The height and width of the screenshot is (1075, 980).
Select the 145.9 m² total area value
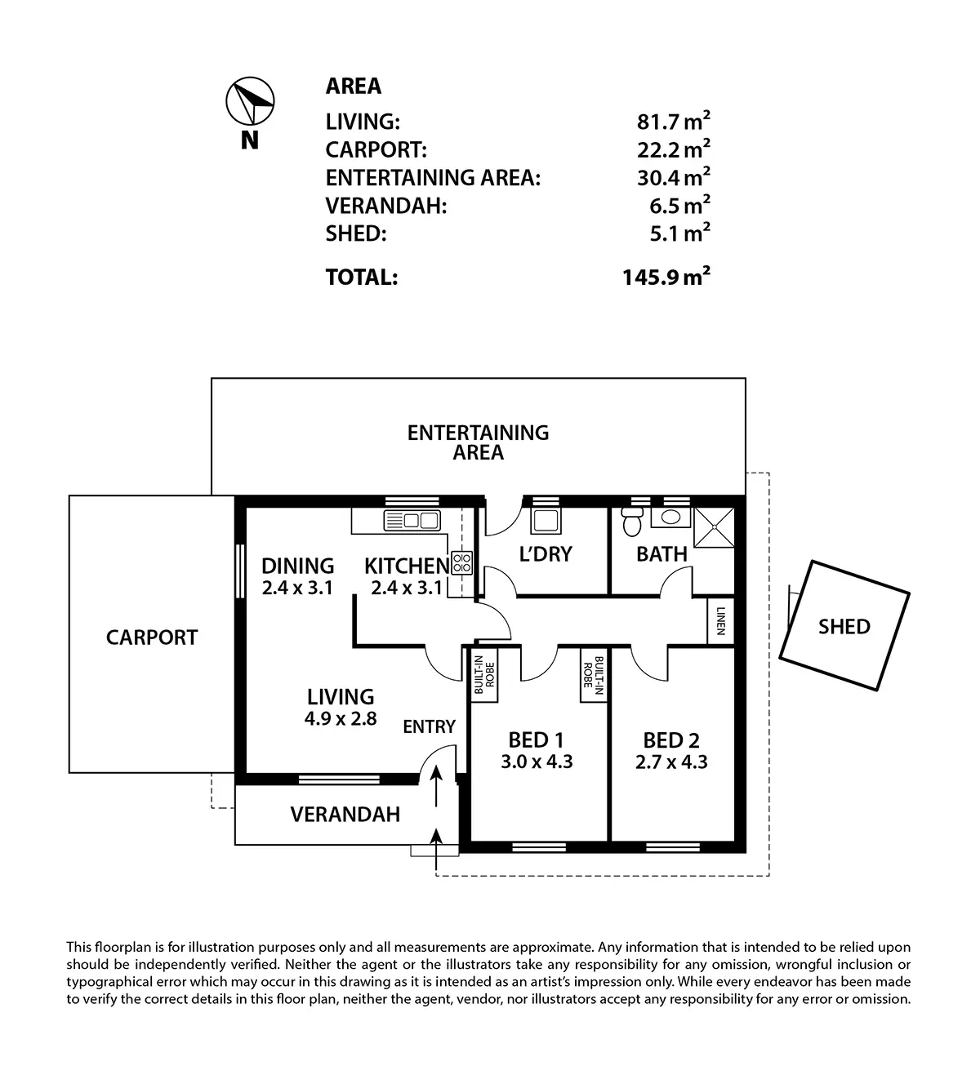666,277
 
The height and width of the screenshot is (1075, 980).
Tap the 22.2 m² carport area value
673,150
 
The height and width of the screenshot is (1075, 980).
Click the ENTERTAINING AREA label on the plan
478,442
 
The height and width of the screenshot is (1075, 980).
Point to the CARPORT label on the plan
152,637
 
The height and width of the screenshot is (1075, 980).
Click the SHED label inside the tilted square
844,627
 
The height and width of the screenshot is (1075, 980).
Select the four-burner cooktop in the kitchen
461,562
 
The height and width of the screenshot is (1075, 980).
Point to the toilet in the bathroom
630,522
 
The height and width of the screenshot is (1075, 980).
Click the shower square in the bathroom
713,527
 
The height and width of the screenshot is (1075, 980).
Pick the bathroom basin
670,518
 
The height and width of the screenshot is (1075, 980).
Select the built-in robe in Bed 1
484,674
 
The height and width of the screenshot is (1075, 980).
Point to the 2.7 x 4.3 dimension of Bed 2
670,762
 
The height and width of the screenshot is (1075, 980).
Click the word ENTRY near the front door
429,726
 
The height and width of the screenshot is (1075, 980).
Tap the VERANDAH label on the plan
345,814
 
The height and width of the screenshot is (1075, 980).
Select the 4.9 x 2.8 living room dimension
341,719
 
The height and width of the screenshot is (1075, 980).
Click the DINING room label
297,566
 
